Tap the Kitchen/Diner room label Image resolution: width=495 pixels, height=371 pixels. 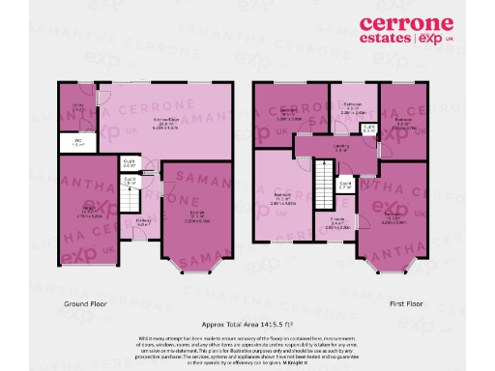(x=171, y=122)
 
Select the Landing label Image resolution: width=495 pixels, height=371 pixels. (x=341, y=147)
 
